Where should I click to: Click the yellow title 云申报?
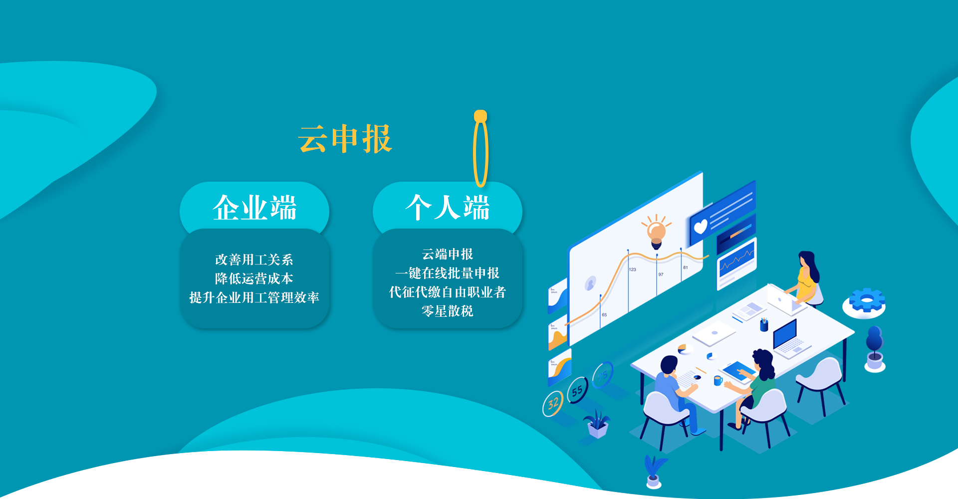(345, 139)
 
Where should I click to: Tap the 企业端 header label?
(254, 208)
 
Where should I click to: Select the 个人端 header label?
(448, 208)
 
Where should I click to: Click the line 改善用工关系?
(254, 259)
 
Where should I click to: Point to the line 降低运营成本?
(254, 278)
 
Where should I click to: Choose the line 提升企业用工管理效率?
(254, 297)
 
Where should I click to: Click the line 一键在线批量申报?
(448, 273)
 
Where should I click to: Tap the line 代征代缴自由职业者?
(448, 292)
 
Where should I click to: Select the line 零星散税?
(448, 311)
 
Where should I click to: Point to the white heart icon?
(701, 227)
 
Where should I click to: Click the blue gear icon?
(867, 300)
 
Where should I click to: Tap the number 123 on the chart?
(633, 269)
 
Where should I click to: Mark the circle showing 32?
(553, 404)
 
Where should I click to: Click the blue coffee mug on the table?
(718, 381)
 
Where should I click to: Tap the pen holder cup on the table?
(763, 324)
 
